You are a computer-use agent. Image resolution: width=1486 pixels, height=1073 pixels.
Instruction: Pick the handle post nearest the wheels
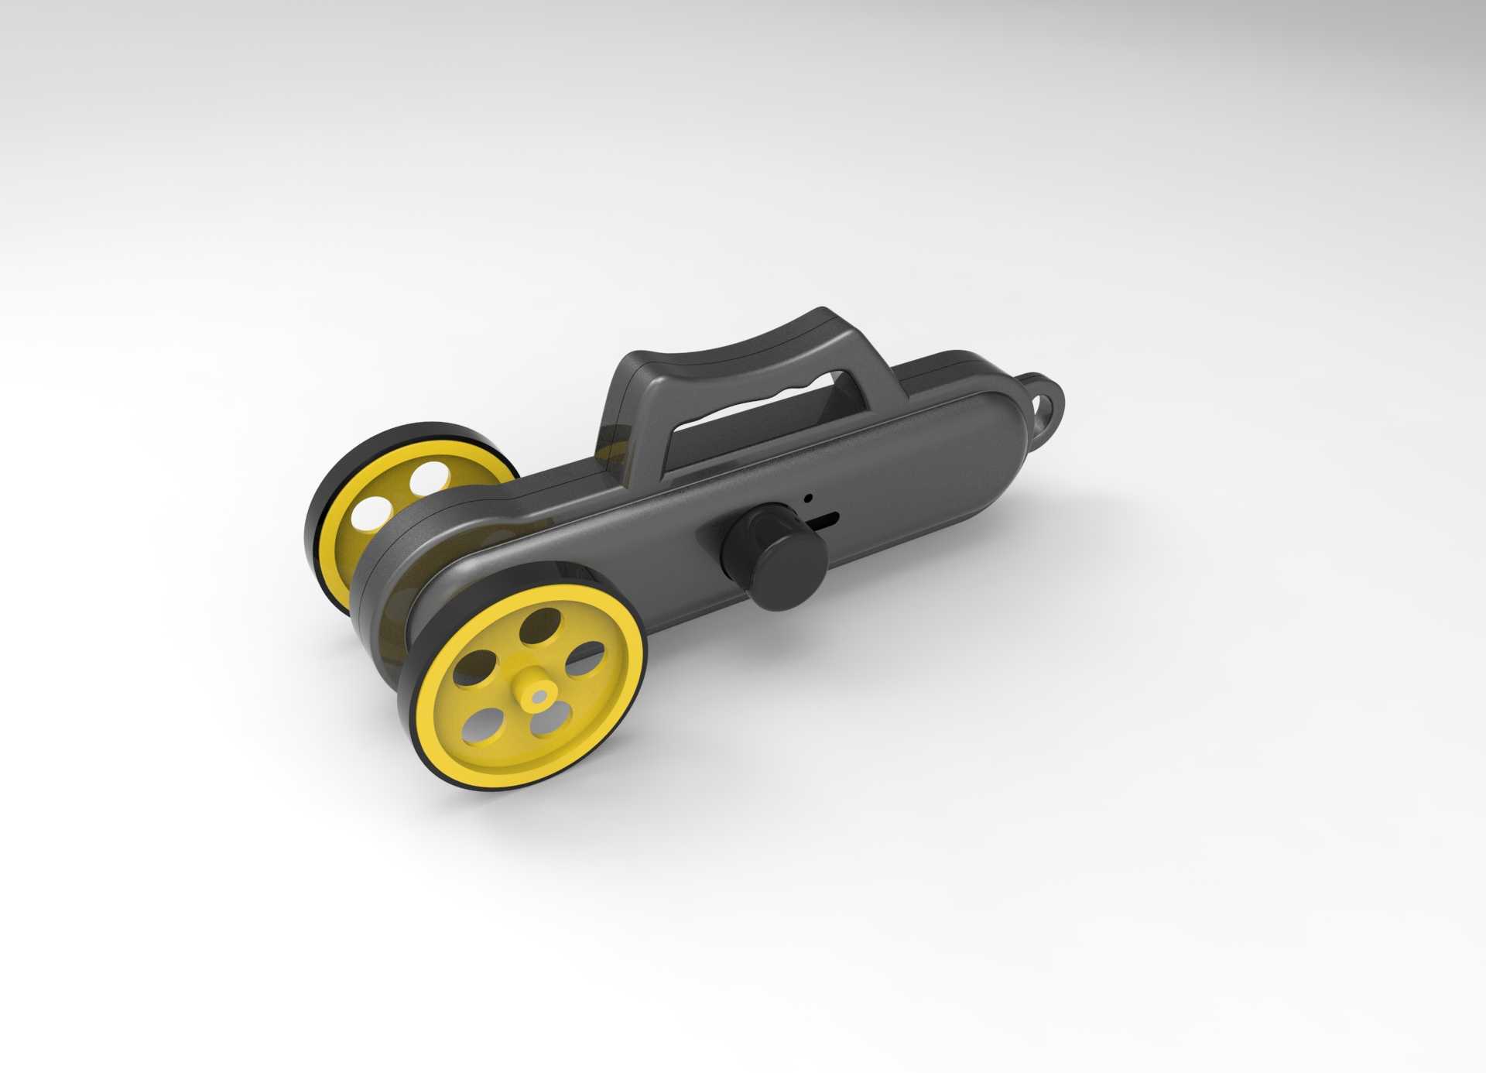click(x=627, y=410)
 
